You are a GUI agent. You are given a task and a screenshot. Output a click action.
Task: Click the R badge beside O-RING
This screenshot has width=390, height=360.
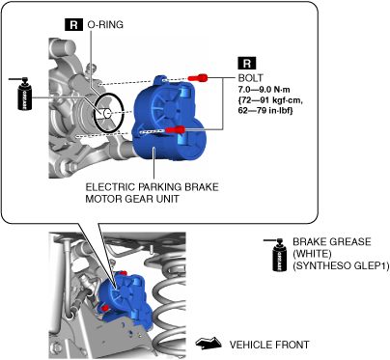pos(73,24)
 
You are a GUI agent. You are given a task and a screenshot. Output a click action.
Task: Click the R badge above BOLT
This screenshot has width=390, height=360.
pos(247,63)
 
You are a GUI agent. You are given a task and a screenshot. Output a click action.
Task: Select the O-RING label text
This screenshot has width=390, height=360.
pos(105,25)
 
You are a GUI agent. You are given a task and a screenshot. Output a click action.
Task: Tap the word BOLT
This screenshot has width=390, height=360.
pos(250,78)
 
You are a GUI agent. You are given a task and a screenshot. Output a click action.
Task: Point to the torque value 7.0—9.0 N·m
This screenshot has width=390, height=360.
pos(264,90)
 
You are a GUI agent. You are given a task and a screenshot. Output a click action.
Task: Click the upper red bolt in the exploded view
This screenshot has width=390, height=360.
pos(198,77)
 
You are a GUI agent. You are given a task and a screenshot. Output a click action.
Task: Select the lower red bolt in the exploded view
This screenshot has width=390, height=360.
pos(176,129)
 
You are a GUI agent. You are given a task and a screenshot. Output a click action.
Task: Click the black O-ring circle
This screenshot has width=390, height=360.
pos(109,113)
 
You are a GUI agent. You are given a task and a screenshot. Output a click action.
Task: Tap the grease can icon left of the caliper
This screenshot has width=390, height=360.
pos(24,94)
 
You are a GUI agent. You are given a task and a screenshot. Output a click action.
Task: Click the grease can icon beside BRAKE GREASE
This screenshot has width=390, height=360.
pos(279,255)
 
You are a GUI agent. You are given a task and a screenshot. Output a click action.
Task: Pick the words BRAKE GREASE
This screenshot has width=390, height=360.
pos(332,241)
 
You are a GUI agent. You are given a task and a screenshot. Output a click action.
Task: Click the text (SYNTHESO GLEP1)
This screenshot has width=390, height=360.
pos(341,266)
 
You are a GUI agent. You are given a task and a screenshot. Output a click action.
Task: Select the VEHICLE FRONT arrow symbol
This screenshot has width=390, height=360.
pos(209,343)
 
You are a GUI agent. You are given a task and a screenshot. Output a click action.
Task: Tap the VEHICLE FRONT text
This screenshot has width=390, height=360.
pos(269,345)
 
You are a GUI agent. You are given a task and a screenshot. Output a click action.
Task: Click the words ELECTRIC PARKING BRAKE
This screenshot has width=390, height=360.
pos(152,187)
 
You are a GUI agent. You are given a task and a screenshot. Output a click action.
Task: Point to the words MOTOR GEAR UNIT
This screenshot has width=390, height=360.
pos(132,199)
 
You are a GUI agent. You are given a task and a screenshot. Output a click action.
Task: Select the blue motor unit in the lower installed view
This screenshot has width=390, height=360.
pos(124,297)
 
